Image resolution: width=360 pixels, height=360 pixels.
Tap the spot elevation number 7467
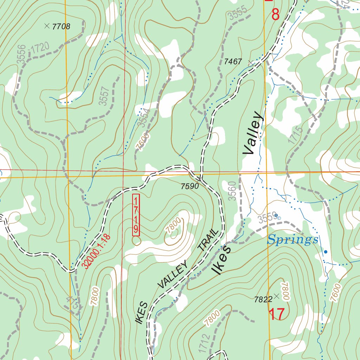[233, 62]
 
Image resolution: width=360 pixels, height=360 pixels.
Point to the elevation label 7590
[190, 186]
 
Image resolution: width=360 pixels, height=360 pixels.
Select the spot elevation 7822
[263, 299]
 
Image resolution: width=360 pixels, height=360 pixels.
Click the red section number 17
[277, 314]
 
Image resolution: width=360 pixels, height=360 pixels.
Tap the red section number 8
[276, 15]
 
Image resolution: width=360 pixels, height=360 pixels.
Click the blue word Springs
[292, 240]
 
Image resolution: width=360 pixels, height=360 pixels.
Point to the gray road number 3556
[21, 54]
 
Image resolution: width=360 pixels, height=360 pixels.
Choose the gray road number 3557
[103, 96]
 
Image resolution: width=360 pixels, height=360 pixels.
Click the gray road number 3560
[232, 191]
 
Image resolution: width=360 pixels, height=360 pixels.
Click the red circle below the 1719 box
[136, 241]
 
